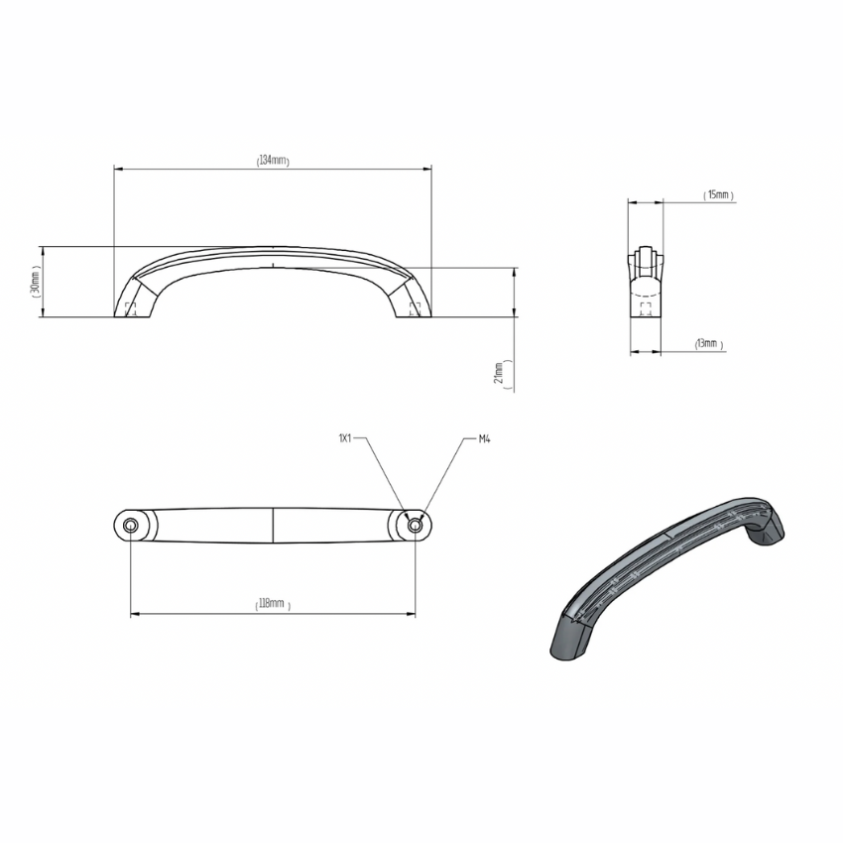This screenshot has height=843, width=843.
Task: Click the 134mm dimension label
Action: coord(273,161)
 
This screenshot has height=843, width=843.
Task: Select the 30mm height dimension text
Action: coord(35,282)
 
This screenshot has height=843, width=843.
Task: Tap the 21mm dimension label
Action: coord(500,373)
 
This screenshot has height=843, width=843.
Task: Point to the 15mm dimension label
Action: coord(718,194)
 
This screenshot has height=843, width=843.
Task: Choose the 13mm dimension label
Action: coord(708,343)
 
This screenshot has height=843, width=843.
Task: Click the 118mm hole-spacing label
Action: coord(272,604)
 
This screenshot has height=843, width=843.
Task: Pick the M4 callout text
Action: coord(484,439)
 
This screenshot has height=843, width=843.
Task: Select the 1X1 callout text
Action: coord(344,438)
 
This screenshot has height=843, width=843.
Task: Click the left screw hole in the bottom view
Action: coord(130,525)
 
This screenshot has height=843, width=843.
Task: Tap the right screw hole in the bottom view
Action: coord(414,525)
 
